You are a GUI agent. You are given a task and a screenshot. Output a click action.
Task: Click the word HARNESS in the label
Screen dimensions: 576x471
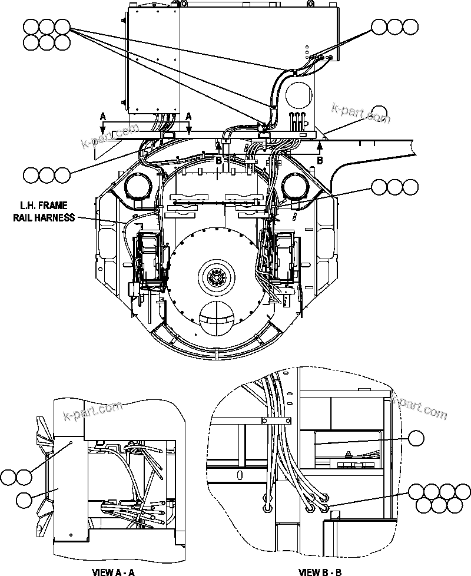59,217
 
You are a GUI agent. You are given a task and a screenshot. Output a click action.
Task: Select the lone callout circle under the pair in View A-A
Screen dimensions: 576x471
24,501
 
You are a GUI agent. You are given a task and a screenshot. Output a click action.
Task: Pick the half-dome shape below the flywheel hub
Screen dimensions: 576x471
216,319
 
